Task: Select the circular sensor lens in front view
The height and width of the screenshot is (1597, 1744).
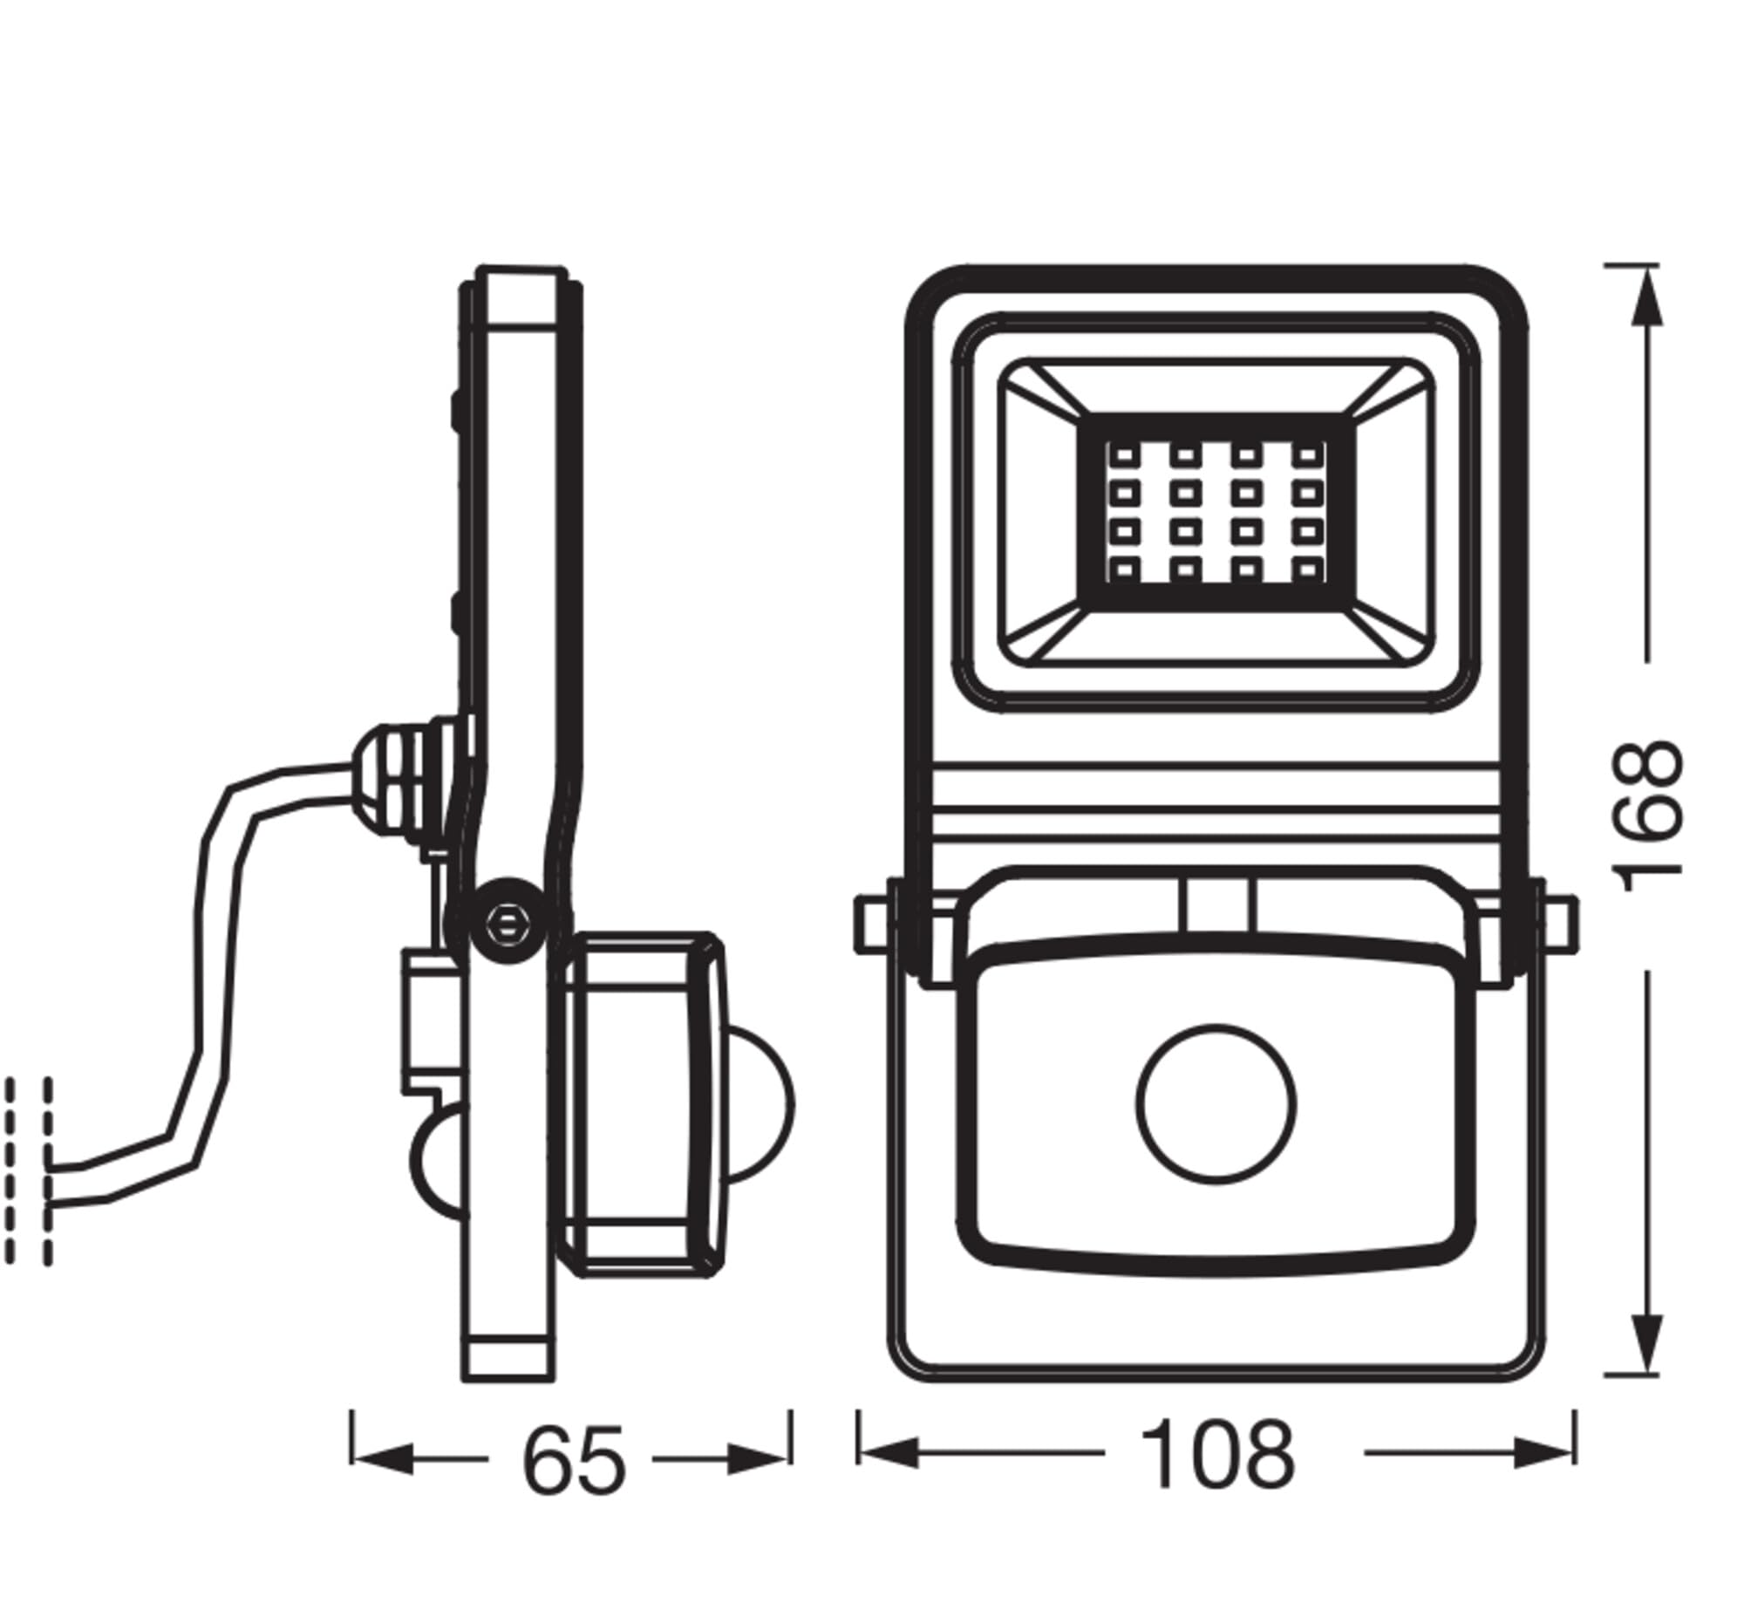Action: (1216, 1103)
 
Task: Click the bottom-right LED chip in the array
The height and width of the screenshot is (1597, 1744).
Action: (1306, 570)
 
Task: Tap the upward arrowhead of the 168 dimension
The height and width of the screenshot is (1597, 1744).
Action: (1645, 297)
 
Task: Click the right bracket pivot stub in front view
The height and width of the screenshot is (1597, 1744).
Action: (1560, 924)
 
